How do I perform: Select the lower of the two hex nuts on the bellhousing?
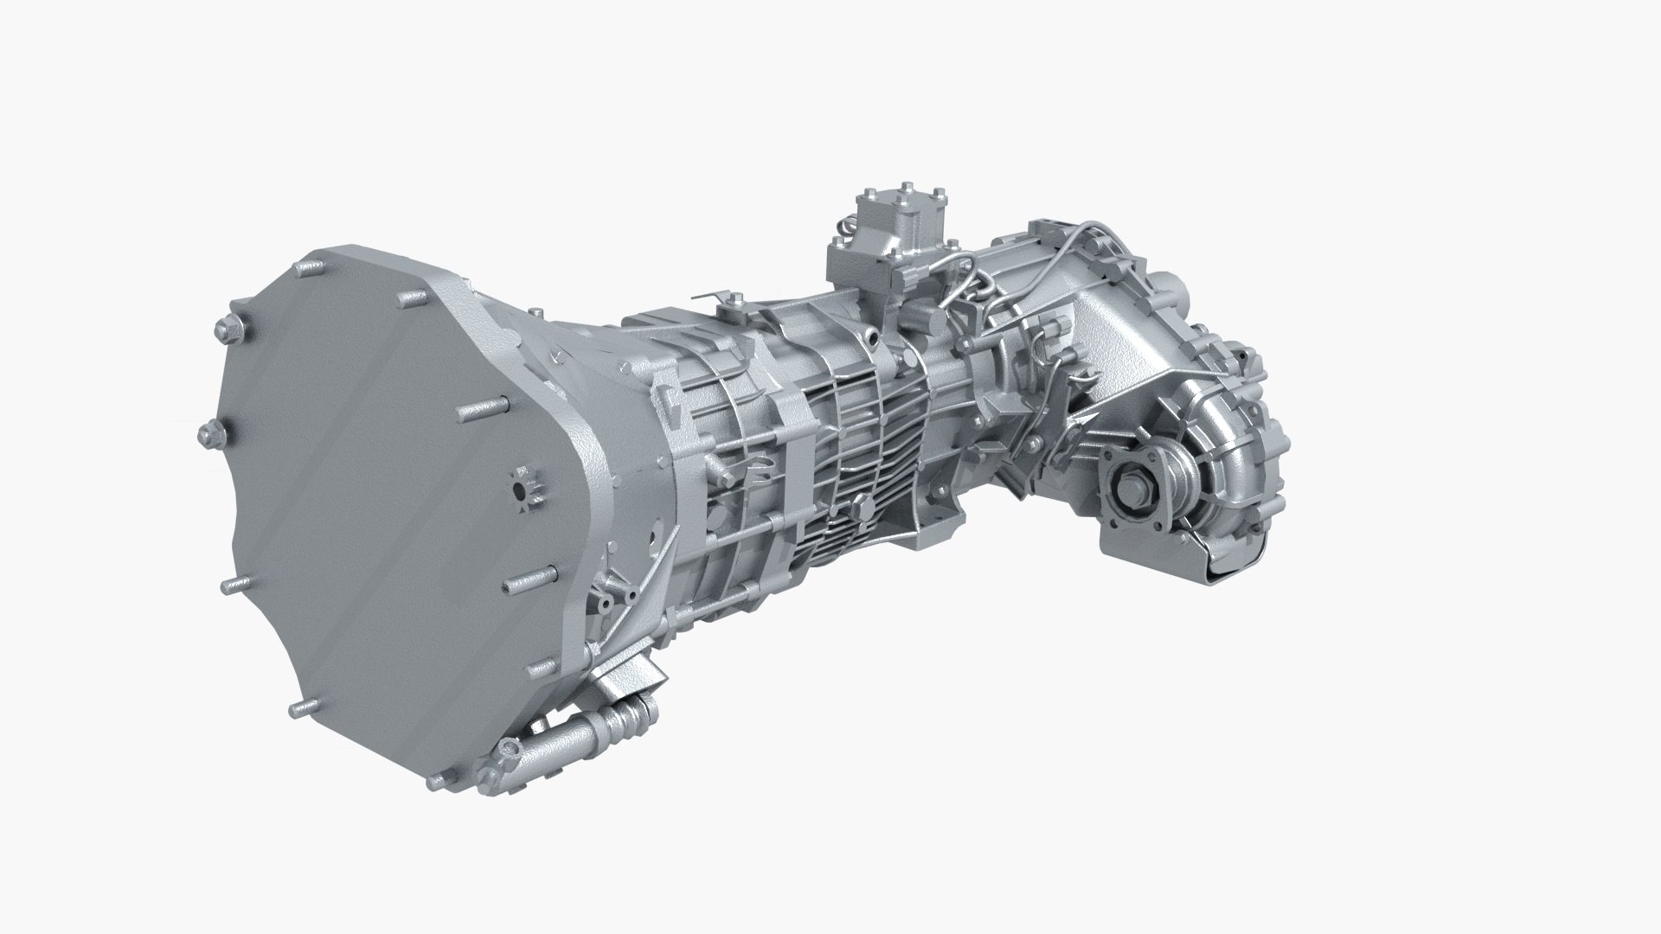pos(208,434)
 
